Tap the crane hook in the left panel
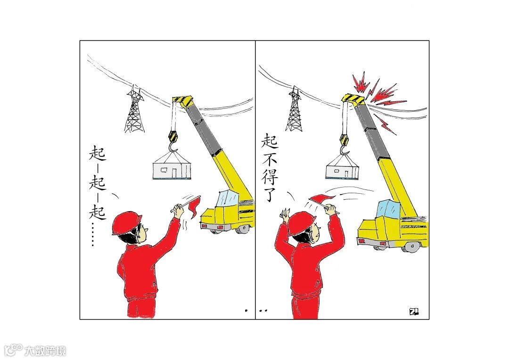[173, 146]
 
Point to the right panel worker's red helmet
[301, 223]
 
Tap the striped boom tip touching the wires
[354, 98]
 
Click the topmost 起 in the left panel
[98, 152]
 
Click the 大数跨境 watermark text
[45, 351]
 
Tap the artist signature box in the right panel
[414, 311]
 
